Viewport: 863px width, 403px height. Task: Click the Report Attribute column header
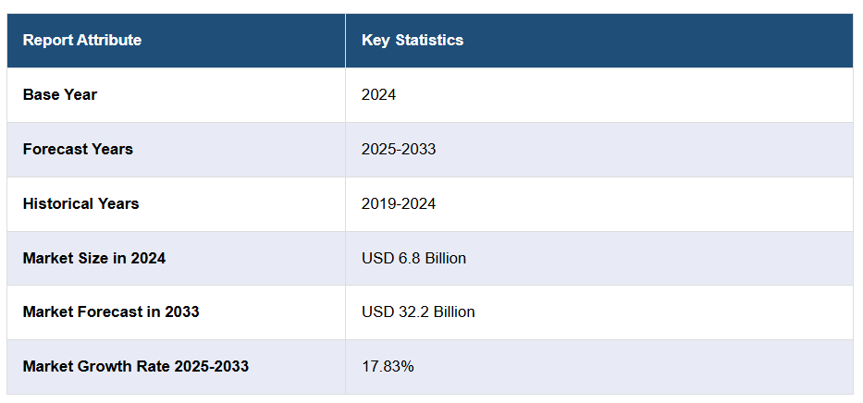(x=82, y=41)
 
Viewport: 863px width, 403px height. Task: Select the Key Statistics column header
(x=413, y=41)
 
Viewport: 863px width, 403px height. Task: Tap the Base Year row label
(x=60, y=94)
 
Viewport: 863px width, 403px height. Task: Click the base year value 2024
(x=378, y=94)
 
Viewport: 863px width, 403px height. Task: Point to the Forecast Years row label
(x=78, y=149)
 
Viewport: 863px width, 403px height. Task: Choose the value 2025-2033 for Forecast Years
(x=399, y=149)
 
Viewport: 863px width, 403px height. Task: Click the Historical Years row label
(x=81, y=203)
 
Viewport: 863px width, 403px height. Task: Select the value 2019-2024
(x=399, y=203)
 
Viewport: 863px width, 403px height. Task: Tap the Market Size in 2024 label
(x=94, y=258)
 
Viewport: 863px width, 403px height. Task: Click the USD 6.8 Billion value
(x=413, y=258)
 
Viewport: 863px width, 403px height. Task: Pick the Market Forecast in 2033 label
(x=111, y=311)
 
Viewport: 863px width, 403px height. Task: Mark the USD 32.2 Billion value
(x=418, y=311)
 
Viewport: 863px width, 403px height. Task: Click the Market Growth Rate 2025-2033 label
(x=136, y=366)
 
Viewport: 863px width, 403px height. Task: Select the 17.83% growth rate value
(x=388, y=366)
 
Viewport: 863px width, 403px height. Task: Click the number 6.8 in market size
(x=405, y=258)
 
